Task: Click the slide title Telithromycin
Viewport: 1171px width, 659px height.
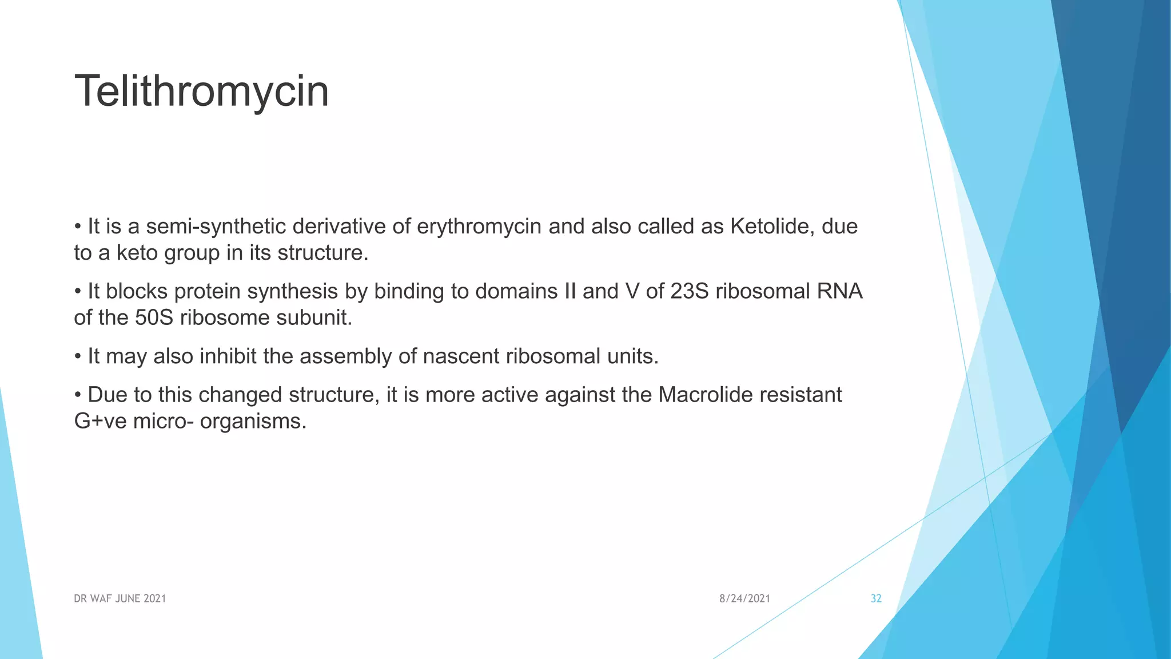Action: point(201,92)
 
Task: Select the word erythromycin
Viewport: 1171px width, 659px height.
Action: point(479,227)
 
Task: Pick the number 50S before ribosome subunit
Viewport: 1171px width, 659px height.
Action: point(154,318)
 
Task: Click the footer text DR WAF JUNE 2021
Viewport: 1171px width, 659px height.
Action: point(120,599)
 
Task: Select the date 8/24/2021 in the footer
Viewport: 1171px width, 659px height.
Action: point(744,599)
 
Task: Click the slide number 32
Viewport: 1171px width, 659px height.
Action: point(876,599)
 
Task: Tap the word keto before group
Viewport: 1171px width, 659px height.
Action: point(137,253)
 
